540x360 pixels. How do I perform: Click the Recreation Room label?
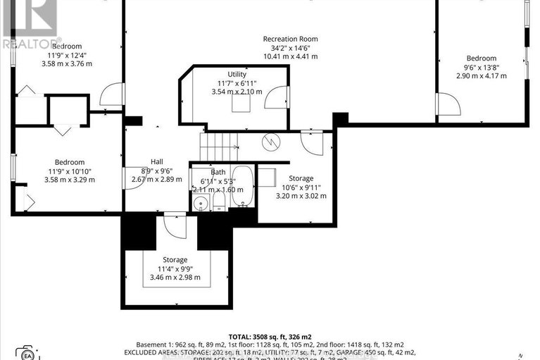pyautogui.click(x=290, y=39)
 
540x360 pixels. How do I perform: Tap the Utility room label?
pyautogui.click(x=236, y=74)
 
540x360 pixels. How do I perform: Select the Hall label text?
pyautogui.click(x=156, y=161)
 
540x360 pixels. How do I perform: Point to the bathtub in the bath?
pyautogui.click(x=242, y=187)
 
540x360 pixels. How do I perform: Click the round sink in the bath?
pyautogui.click(x=201, y=204)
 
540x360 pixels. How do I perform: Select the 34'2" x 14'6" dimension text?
pyautogui.click(x=290, y=48)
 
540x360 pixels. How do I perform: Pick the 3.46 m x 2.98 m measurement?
pyautogui.click(x=175, y=278)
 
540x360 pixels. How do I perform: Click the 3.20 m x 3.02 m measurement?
pyautogui.click(x=301, y=197)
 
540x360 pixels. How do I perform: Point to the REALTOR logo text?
pyautogui.click(x=31, y=43)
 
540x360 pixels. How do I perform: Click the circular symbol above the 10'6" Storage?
pyautogui.click(x=270, y=142)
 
